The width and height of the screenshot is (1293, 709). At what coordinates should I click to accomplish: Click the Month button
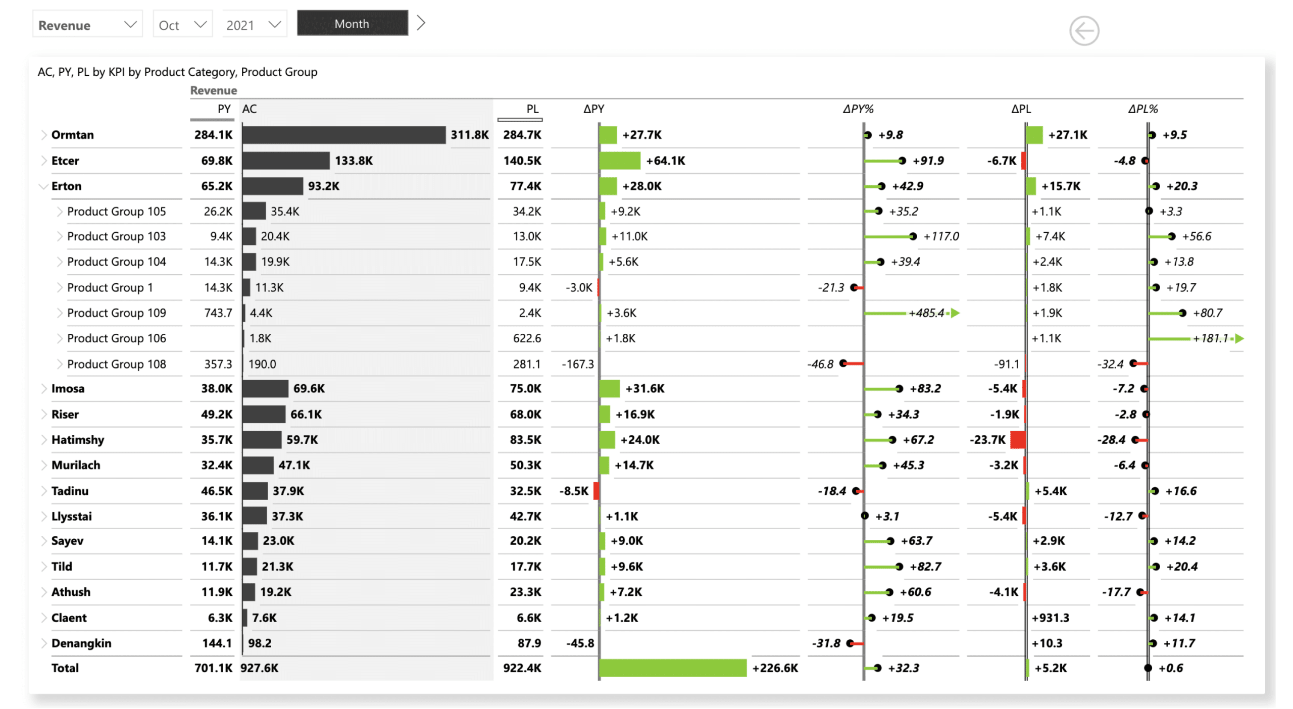coord(352,24)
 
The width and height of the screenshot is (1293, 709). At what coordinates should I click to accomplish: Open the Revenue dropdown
coord(87,25)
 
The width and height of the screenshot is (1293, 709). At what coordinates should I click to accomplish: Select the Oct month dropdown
coord(182,25)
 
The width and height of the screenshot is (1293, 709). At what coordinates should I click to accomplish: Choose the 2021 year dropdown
coord(253,25)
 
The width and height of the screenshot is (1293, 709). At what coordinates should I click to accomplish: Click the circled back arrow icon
coord(1083,31)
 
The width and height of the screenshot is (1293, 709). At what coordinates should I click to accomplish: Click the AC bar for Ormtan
coord(343,135)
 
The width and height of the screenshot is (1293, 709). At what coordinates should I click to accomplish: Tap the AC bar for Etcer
coord(285,161)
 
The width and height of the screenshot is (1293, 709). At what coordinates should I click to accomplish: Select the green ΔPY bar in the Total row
coord(672,668)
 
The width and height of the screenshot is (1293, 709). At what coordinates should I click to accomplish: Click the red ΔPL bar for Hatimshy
coord(1017,440)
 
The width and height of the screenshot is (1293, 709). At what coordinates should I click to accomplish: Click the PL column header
coord(532,109)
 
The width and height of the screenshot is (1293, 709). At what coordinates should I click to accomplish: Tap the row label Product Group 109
coord(116,313)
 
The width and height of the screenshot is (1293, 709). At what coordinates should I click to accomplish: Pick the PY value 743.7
coord(218,313)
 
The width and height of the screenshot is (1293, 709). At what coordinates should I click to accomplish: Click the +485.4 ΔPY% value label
coord(926,313)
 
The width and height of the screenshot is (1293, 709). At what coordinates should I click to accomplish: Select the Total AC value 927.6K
coord(259,668)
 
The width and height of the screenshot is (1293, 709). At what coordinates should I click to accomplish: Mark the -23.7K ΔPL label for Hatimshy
coord(987,440)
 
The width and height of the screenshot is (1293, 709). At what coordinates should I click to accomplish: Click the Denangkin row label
coord(81,643)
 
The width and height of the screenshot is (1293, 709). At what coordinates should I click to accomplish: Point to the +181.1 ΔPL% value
coord(1210,338)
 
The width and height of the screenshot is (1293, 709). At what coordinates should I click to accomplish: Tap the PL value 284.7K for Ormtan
coord(522,135)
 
